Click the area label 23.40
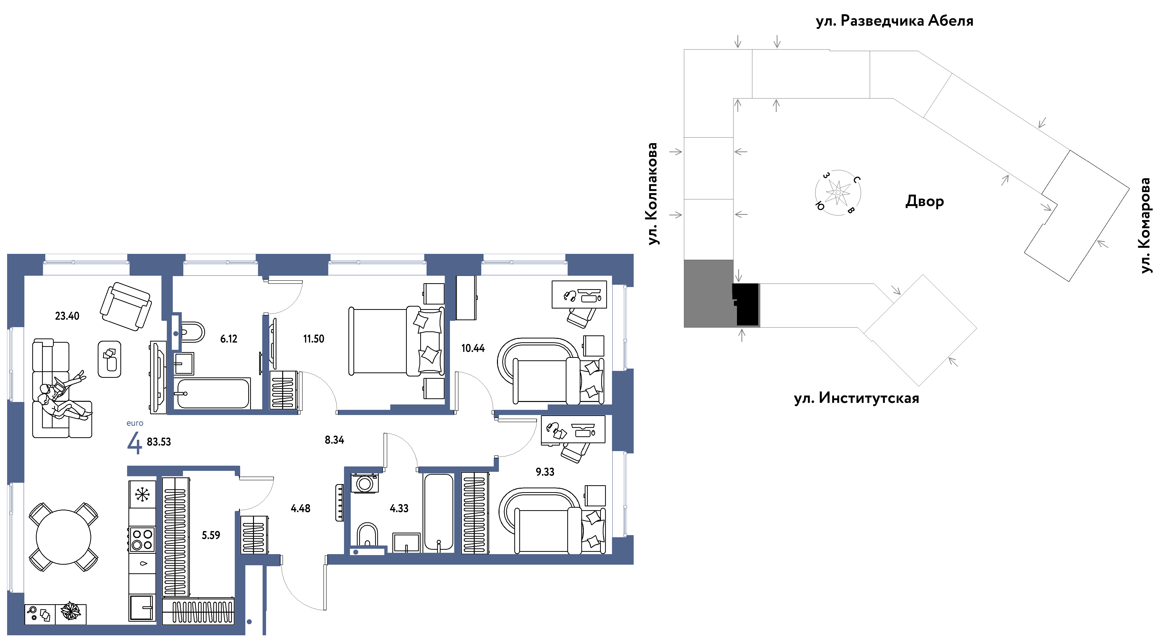[x=67, y=316]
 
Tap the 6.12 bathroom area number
[x=229, y=339]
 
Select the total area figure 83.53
[x=159, y=441]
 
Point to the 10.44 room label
[x=473, y=348]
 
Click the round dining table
[x=63, y=537]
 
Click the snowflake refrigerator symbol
[x=142, y=494]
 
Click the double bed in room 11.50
[x=396, y=341]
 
